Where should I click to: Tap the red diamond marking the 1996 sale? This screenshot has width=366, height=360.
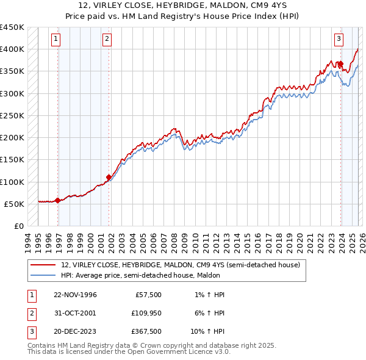coord(57,200)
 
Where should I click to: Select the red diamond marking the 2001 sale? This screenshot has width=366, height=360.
coord(109,178)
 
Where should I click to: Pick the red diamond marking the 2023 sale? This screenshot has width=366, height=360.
coord(341,63)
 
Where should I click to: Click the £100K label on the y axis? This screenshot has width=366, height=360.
coord(12,182)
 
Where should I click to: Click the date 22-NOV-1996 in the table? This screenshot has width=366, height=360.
coord(75,295)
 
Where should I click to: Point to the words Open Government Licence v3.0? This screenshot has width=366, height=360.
coord(180,352)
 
